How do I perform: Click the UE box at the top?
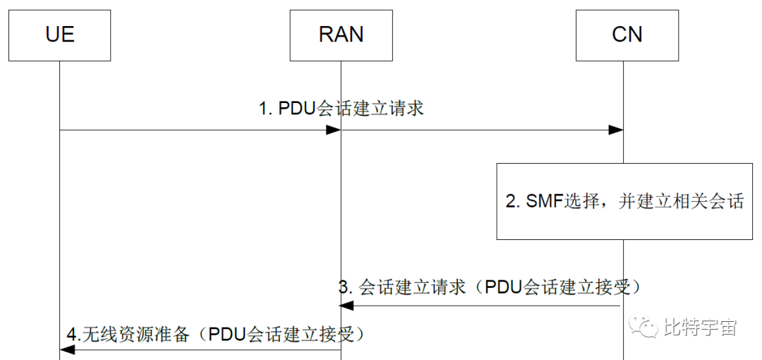(x=59, y=35)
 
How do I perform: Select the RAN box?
(x=341, y=35)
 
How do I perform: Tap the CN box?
(x=627, y=35)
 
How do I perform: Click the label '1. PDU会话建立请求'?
(x=341, y=109)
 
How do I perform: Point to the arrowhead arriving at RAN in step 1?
(x=334, y=130)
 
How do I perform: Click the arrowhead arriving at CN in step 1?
(x=615, y=130)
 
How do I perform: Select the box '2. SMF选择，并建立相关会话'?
(x=625, y=201)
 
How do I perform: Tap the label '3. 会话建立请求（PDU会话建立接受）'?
(x=492, y=287)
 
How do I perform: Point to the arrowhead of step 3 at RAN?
(x=346, y=305)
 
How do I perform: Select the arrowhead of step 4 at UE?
(x=67, y=350)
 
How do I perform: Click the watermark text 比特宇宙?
(x=700, y=327)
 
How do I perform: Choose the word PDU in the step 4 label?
(x=227, y=334)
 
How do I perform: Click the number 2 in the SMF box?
(x=512, y=201)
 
